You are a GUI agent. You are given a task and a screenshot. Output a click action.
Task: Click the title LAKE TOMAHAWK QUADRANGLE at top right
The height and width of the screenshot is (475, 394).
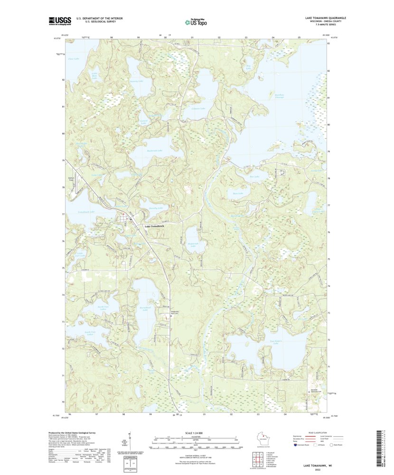(325, 18)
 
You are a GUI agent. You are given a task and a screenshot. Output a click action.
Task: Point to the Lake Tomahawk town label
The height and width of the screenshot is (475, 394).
(157, 226)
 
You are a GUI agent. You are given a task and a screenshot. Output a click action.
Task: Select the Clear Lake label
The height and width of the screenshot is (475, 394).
(74, 59)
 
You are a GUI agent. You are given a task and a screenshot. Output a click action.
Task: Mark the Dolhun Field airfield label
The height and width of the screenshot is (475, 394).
(73, 179)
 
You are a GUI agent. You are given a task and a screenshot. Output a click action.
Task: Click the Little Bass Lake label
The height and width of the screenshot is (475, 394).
(94, 75)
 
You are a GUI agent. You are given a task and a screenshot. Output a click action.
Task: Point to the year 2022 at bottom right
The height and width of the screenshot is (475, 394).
(324, 470)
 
